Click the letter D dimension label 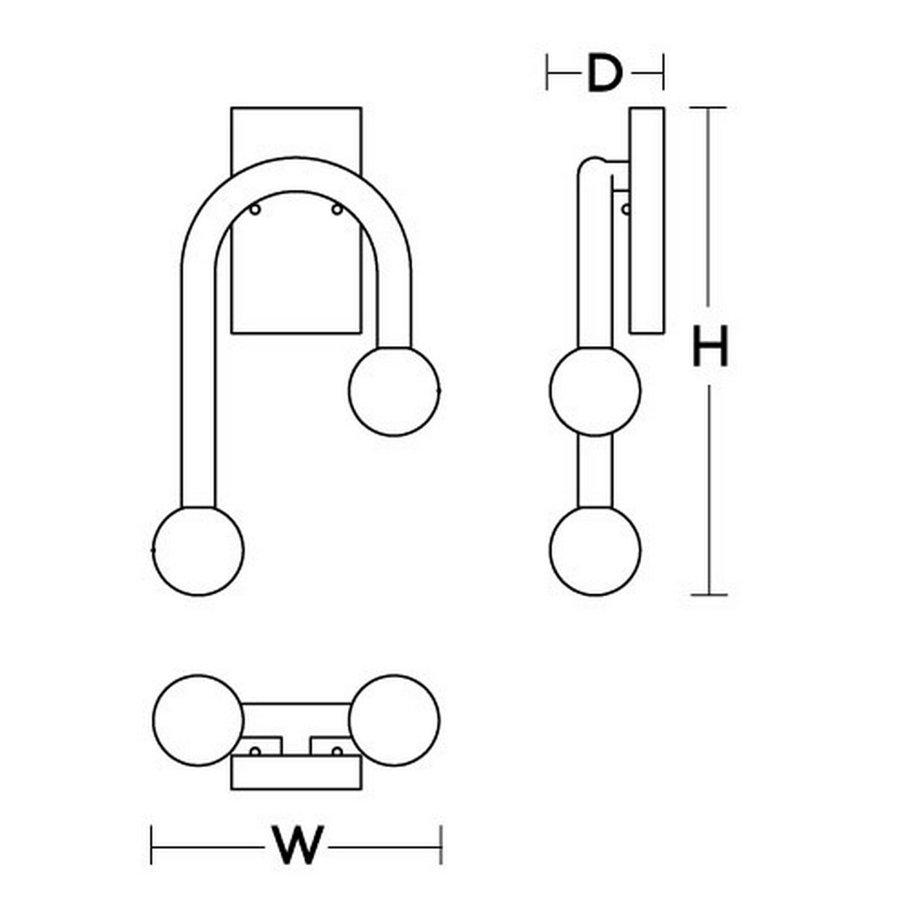point(604,73)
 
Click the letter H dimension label point(710,346)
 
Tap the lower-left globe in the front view point(198,550)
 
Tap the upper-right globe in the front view point(394,391)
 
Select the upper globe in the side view point(595,391)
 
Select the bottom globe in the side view point(595,550)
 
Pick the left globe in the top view point(198,720)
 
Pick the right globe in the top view point(394,720)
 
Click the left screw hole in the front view point(256,210)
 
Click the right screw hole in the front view point(337,210)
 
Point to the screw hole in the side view point(626,209)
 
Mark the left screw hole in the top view point(256,751)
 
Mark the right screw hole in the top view point(337,751)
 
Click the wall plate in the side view point(647,220)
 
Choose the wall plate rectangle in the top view point(296,773)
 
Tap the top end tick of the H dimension point(709,108)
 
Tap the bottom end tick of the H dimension point(709,594)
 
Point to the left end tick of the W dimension point(152,845)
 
